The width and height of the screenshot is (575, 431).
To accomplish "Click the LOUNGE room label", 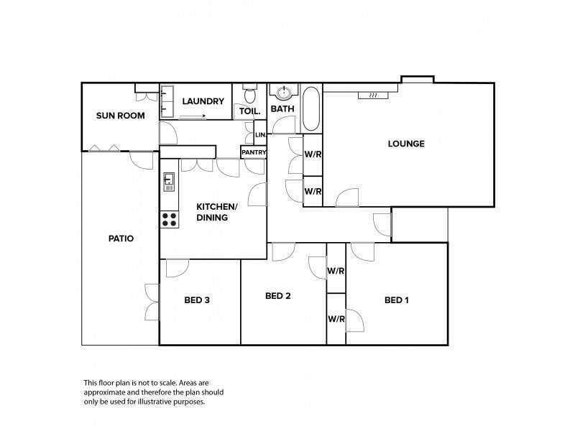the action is [406, 144].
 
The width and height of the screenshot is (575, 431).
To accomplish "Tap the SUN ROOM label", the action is [120, 116].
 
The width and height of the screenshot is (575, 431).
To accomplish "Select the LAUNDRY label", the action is [203, 101].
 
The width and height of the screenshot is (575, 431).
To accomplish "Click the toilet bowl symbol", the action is [250, 93].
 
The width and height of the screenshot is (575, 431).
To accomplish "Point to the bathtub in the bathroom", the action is [311, 108].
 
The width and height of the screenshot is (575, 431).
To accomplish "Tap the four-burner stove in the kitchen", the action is [170, 219].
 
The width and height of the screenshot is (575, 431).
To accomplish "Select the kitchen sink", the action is [169, 182].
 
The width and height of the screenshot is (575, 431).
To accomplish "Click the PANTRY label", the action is [254, 152].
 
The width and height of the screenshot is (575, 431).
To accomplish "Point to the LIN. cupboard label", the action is [260, 135].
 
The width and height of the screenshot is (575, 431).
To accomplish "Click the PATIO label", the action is [121, 238].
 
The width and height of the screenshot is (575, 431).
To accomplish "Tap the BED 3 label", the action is [197, 300].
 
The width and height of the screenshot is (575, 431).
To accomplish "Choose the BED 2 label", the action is [278, 296].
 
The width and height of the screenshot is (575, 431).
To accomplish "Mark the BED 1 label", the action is [397, 300].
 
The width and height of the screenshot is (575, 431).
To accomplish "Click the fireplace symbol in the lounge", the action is [373, 96].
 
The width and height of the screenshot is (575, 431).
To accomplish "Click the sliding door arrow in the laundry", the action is [193, 116].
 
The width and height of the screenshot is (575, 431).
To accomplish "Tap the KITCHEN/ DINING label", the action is [217, 212].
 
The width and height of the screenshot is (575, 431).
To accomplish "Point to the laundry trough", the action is [167, 101].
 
